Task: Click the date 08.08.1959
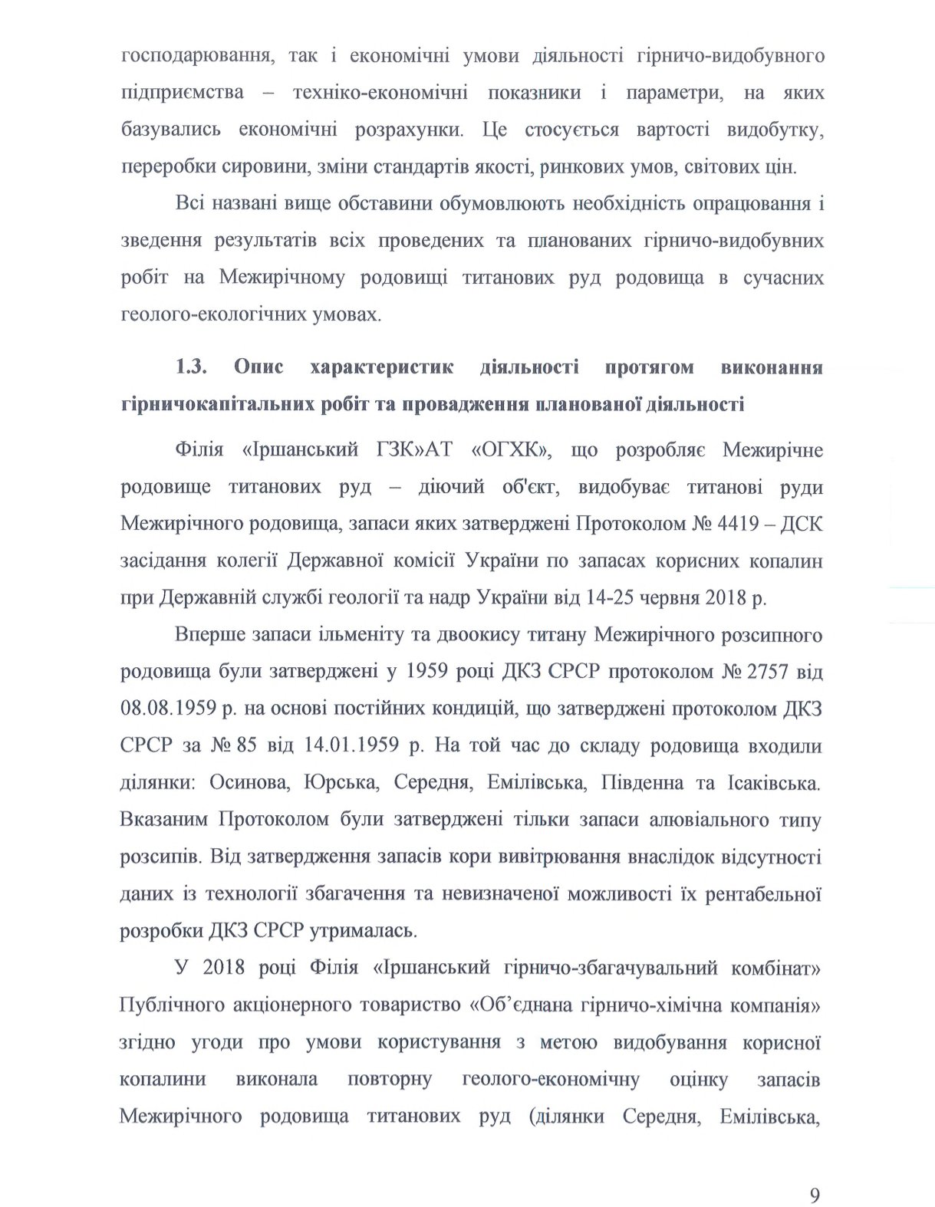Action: pyautogui.click(x=166, y=709)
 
